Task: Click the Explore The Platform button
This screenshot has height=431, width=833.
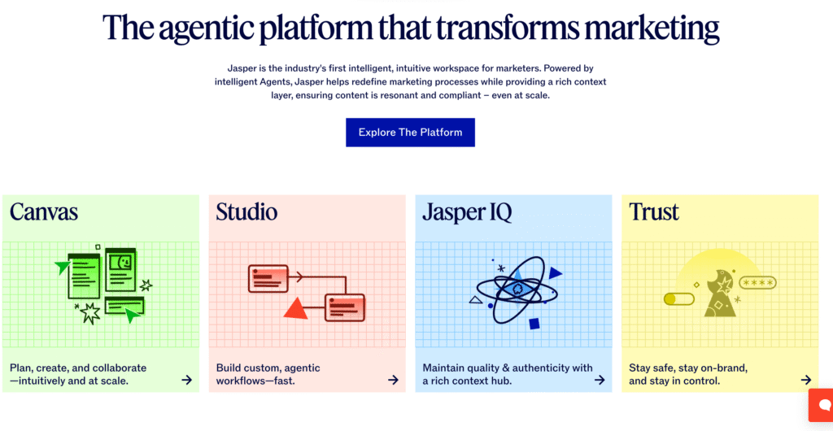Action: tap(410, 133)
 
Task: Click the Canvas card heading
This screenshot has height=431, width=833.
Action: tap(44, 211)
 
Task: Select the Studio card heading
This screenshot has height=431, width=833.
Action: tap(246, 211)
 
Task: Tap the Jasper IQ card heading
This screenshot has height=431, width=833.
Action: tap(467, 212)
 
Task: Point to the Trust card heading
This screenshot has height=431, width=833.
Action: tap(654, 211)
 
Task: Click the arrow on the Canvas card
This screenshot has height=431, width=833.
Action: tap(186, 380)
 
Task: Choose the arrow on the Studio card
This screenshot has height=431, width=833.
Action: tap(393, 380)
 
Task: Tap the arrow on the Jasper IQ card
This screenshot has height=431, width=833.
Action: tap(600, 380)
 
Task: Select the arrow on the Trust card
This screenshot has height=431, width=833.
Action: tap(806, 380)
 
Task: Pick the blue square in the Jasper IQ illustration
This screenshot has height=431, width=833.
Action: tap(534, 324)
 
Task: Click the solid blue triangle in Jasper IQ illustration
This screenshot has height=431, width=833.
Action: tap(555, 273)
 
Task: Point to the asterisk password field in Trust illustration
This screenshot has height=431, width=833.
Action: tap(758, 283)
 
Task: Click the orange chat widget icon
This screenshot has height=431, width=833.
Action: tap(822, 405)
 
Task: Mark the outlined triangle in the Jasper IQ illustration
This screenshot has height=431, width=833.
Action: tap(475, 300)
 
